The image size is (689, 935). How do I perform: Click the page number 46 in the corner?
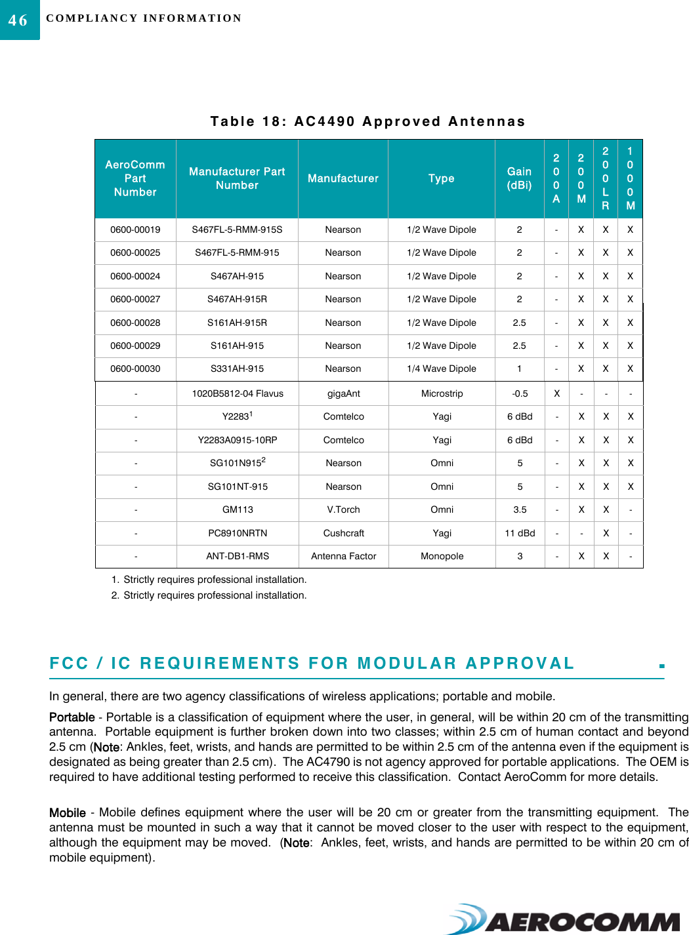pos(18,20)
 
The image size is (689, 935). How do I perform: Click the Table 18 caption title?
pos(367,121)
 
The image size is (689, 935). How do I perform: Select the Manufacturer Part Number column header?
pos(237,178)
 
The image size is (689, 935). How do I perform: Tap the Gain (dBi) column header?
pos(519,178)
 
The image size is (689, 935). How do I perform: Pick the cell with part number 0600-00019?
pos(135,229)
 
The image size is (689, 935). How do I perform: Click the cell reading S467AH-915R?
pos(237,299)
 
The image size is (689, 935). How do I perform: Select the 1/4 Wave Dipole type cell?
pos(442,368)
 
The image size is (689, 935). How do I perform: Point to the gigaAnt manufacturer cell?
pos(343,393)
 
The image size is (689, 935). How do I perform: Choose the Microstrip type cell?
pos(442,393)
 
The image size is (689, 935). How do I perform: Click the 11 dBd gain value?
pos(520,533)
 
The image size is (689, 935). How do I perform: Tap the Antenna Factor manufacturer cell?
pos(343,556)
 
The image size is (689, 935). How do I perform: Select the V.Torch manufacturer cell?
pos(343,509)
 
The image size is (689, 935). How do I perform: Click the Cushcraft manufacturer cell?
pos(343,533)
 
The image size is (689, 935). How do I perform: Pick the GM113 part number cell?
pos(237,509)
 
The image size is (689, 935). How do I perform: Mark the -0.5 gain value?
pos(520,393)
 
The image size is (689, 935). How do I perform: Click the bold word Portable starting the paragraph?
pos(72,717)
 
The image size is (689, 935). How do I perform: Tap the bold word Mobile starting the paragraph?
pos(67,813)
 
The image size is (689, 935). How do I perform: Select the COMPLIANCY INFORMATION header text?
pos(144,18)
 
